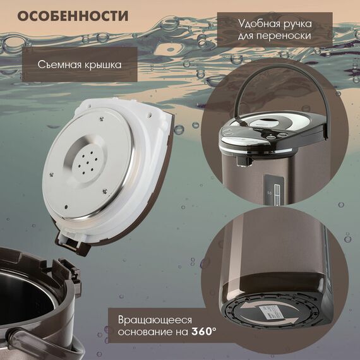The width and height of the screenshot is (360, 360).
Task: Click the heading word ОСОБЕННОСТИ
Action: [x=73, y=16]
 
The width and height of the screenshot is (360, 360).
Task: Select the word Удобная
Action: [x=259, y=24]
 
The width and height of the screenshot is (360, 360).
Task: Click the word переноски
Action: [x=284, y=36]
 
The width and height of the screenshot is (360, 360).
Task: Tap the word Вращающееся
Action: [x=155, y=320]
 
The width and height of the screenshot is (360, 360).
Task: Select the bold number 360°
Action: [x=203, y=332]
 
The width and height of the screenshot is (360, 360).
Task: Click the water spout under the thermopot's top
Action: [x=244, y=161]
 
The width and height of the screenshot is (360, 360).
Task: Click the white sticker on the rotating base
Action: [x=270, y=312]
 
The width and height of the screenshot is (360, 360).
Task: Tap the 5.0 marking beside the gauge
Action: [x=270, y=193]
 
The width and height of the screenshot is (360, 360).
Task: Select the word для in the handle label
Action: [x=245, y=36]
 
